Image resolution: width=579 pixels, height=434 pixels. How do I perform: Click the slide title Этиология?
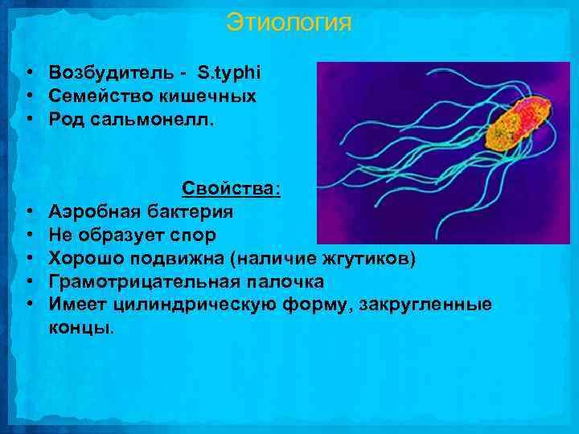point(289,22)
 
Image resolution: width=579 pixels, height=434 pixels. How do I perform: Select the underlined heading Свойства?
point(232,188)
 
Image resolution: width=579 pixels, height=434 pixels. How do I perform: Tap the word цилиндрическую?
point(194,305)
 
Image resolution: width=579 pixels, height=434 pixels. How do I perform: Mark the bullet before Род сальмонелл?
point(28,120)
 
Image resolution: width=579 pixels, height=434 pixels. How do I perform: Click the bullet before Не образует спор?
point(28,235)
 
